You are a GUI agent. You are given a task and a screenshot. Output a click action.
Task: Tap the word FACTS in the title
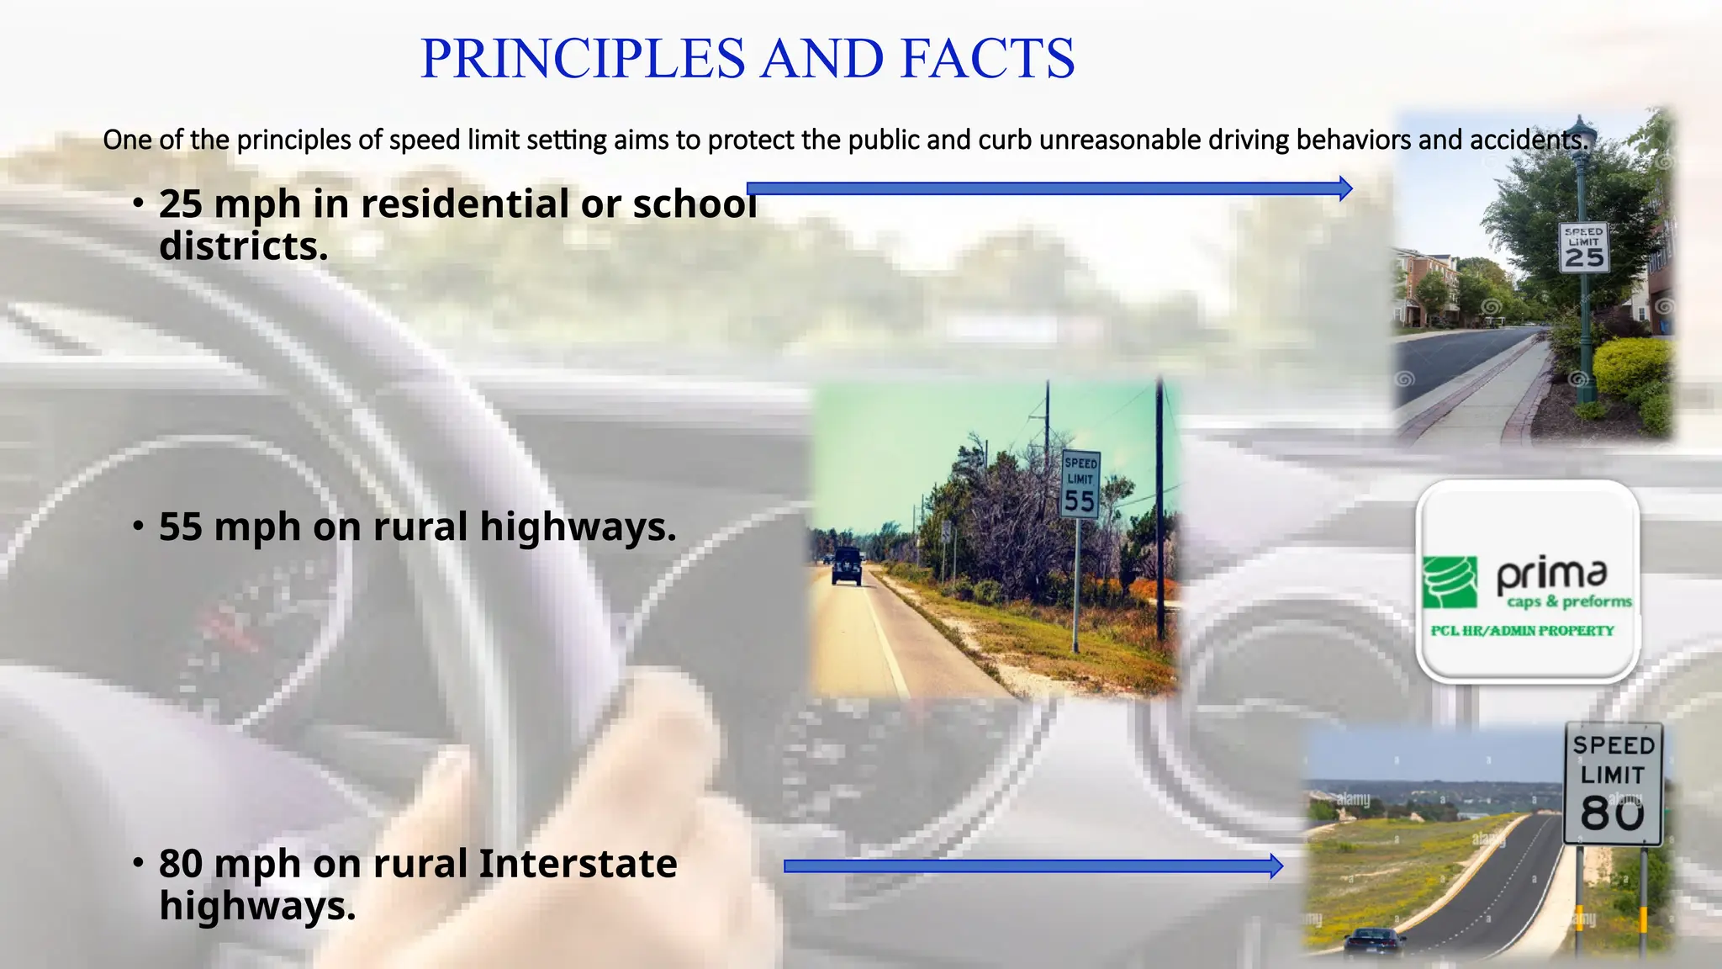[987, 59]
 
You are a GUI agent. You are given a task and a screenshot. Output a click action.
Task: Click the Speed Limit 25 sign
[1584, 248]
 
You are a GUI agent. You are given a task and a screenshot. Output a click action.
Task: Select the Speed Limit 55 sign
[1080, 484]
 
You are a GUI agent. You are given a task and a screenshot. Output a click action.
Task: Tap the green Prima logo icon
[1450, 582]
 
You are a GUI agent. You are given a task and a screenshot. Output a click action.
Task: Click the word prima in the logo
[1551, 575]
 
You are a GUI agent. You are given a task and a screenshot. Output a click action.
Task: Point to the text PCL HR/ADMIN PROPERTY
[1522, 631]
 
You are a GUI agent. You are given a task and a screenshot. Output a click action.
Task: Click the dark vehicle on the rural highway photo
[846, 566]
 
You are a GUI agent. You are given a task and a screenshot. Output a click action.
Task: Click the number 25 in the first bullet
[181, 204]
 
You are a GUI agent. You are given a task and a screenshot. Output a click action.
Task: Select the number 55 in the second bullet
[181, 527]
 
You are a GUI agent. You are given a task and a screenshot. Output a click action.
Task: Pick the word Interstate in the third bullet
[578, 864]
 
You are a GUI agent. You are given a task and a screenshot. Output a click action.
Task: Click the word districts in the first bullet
[243, 247]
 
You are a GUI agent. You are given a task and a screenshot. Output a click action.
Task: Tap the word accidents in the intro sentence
[1529, 140]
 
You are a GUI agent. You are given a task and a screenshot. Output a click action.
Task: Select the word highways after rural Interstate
[257, 907]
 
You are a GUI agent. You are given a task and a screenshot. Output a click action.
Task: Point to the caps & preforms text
[1569, 601]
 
